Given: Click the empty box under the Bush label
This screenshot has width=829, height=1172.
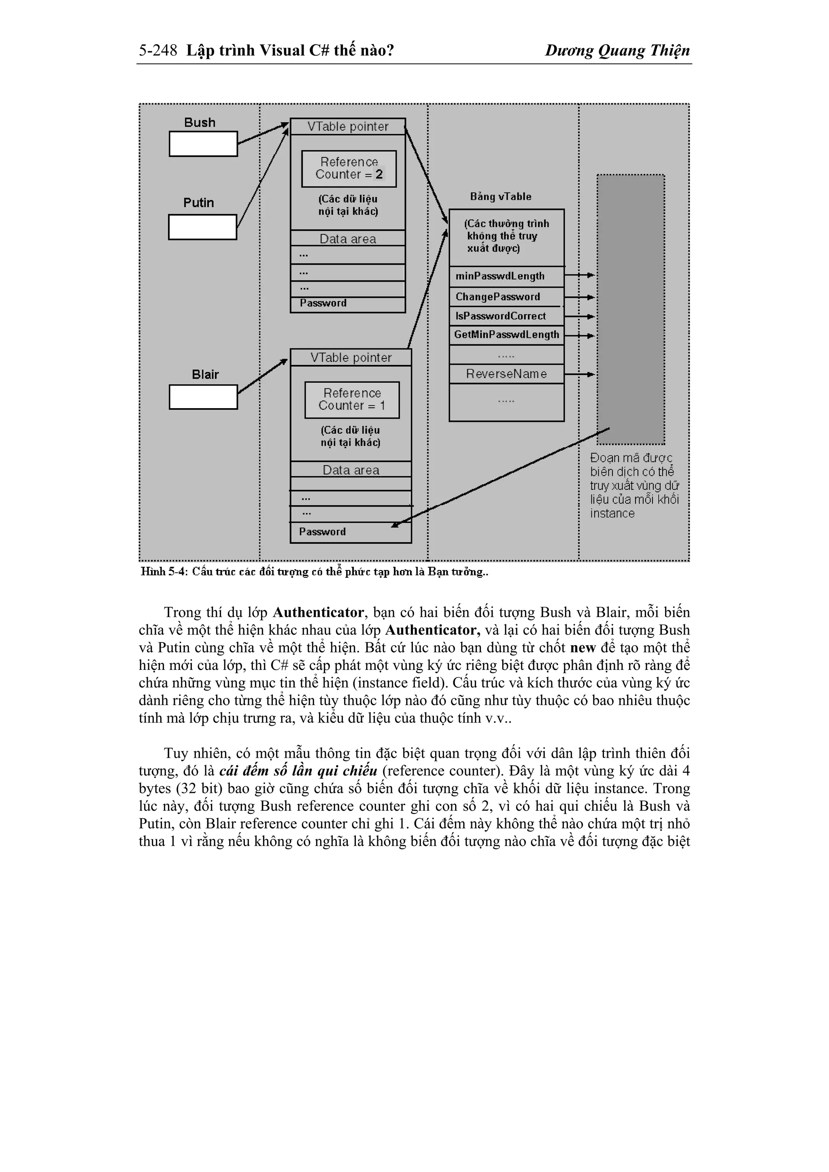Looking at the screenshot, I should pyautogui.click(x=203, y=144).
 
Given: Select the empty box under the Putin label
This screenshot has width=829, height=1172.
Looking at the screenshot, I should pyautogui.click(x=202, y=227).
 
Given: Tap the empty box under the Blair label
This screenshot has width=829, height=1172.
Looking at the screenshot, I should pyautogui.click(x=203, y=397).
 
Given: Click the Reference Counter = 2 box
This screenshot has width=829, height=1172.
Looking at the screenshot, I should pyautogui.click(x=349, y=168).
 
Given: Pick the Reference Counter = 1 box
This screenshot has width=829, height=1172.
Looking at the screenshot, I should pyautogui.click(x=352, y=400).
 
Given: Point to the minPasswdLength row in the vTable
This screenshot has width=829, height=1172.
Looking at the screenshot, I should pyautogui.click(x=506, y=276).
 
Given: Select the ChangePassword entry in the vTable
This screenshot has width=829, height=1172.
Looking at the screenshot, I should pyautogui.click(x=506, y=297).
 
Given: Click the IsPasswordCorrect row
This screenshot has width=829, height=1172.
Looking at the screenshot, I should pyautogui.click(x=506, y=316).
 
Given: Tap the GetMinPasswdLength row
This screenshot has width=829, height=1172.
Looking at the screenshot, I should pyautogui.click(x=506, y=335).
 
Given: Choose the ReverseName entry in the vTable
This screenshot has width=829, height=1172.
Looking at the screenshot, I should pyautogui.click(x=506, y=374).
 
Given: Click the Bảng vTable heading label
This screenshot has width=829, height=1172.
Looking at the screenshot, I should pyautogui.click(x=501, y=197).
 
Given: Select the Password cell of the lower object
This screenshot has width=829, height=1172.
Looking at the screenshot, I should pyautogui.click(x=351, y=532).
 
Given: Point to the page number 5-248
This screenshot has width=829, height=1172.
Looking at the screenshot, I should pyautogui.click(x=158, y=51).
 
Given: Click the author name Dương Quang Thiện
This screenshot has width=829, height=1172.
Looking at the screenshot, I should pyautogui.click(x=617, y=51).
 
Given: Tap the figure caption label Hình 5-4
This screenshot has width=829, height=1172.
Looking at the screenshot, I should pyautogui.click(x=164, y=572).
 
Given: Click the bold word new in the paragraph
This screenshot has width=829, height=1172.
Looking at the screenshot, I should pyautogui.click(x=583, y=648).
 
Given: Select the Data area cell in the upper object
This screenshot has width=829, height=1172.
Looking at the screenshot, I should pyautogui.click(x=347, y=239).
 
